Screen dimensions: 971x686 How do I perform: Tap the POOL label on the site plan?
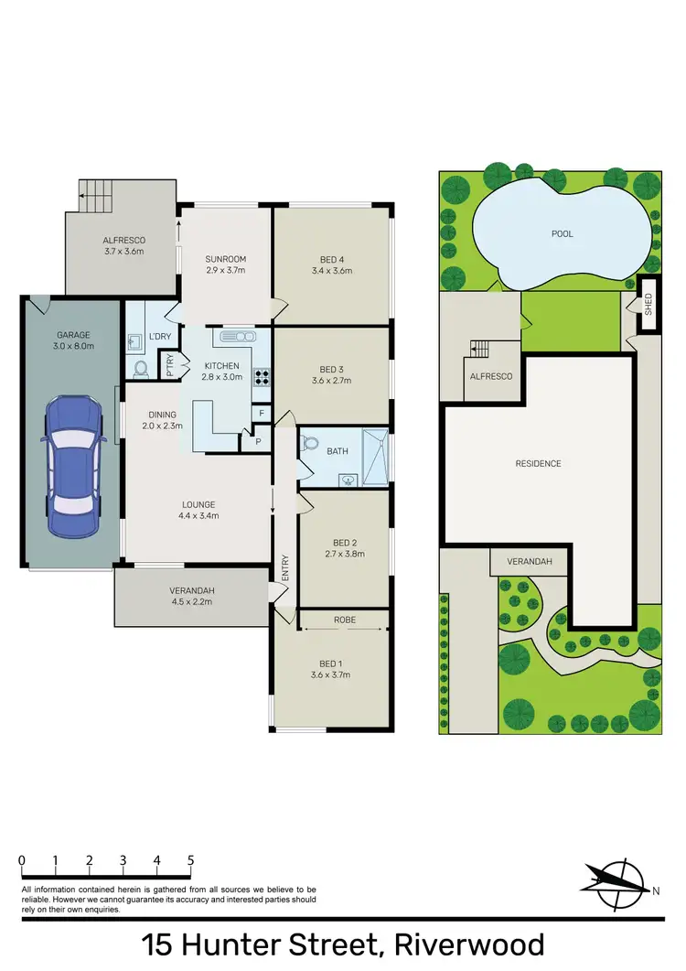[562, 234]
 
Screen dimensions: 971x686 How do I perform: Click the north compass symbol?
[615, 881]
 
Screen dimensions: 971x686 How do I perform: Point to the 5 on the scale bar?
[190, 860]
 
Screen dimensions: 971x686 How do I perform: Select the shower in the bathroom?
[374, 455]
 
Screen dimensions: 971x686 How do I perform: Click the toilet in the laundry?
[141, 370]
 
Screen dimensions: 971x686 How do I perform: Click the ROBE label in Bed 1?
[345, 620]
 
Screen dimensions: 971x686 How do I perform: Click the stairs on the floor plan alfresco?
[94, 193]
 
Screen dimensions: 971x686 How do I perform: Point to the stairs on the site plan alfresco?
[481, 349]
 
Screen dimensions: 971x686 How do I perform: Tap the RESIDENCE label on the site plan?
[538, 463]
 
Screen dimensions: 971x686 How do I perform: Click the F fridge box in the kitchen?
[262, 414]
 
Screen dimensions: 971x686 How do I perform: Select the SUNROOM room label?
[225, 259]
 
